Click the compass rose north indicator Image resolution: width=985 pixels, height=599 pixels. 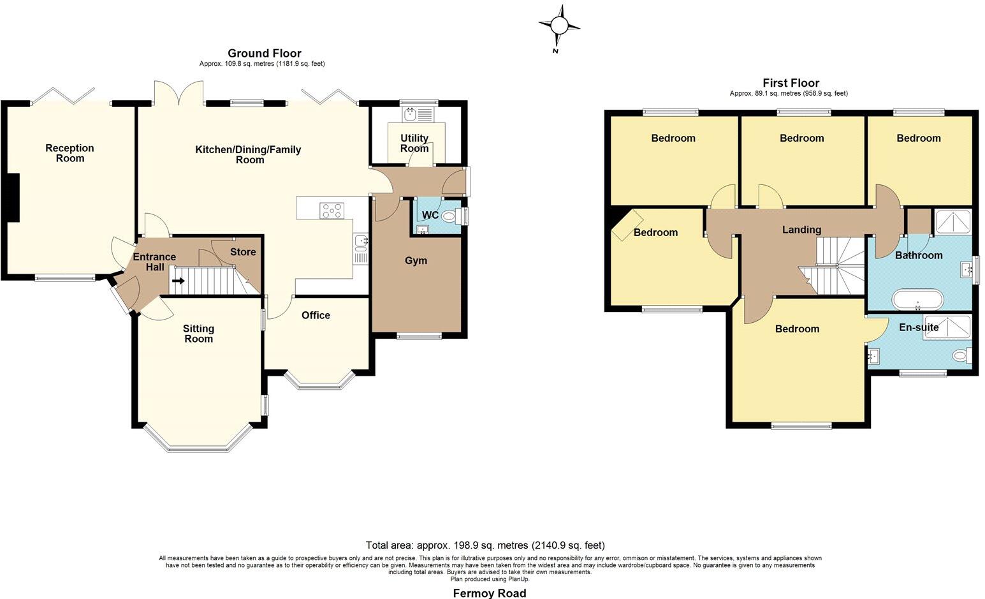[559, 26]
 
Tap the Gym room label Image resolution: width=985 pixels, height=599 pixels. [416, 260]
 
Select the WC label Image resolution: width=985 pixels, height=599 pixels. [430, 215]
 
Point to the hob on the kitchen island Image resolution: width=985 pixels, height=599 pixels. [332, 211]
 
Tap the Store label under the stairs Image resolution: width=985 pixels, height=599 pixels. [243, 252]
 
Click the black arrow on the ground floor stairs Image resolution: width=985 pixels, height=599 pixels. [179, 280]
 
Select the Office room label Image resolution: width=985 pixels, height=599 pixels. [316, 315]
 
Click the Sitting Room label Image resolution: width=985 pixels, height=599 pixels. [198, 334]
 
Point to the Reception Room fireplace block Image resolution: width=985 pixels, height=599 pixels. [13, 198]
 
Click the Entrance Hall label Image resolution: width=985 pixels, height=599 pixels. [154, 262]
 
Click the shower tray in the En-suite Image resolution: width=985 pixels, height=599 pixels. [947, 326]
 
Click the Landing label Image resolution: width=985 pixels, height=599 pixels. [801, 230]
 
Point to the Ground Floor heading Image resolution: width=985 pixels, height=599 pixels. [264, 53]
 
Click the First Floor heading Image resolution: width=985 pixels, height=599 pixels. [791, 83]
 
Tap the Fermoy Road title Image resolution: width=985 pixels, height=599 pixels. [489, 593]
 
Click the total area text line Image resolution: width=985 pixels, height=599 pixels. [485, 545]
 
